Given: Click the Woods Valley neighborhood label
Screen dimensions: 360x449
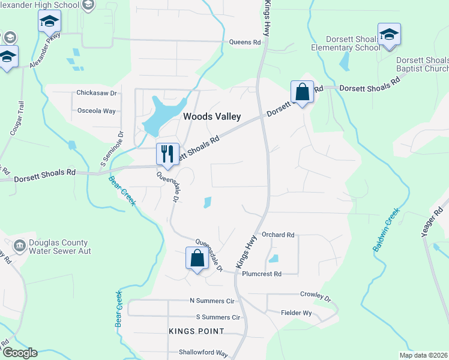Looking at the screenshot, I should tap(212, 116).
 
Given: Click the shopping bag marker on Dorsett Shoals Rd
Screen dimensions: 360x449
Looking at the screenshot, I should tap(301, 92).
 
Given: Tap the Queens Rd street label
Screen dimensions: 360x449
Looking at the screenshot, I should tap(246, 43).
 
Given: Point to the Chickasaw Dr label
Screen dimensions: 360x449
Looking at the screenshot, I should tap(96, 93).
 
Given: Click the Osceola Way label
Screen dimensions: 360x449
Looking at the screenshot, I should tap(97, 111).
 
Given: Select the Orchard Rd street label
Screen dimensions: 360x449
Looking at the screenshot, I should tap(277, 235).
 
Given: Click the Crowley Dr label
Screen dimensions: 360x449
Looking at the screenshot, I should tap(315, 295).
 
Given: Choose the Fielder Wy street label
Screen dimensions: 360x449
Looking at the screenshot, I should tap(297, 313).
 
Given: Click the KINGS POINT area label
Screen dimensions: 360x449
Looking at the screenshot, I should tap(196, 331).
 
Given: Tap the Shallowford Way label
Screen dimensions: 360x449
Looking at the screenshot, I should tap(203, 353).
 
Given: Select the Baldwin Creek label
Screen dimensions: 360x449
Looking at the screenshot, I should tap(385, 230).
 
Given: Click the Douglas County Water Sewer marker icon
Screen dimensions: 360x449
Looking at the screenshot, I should tap(20, 245).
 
